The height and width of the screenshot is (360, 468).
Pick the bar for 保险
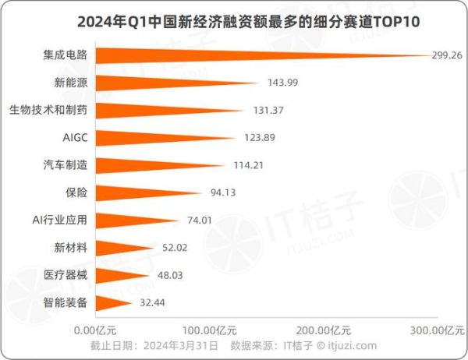point(133,192)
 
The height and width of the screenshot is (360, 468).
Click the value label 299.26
point(448,55)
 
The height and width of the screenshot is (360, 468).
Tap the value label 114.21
point(250,164)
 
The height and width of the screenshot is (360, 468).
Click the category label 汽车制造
point(65,164)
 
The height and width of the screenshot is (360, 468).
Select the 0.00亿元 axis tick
point(96,328)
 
